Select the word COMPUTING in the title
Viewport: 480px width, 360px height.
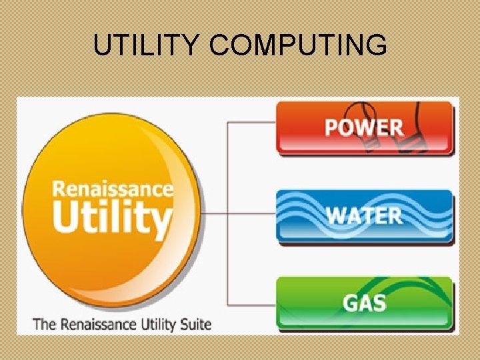297,45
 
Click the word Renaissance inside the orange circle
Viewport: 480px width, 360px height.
113,188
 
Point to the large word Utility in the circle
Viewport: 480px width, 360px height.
112,217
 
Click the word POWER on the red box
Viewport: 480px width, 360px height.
363,127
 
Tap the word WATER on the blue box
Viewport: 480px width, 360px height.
364,215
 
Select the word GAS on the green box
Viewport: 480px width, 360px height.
365,303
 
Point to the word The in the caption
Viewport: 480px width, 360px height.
44,325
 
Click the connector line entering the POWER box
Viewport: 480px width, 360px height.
253,123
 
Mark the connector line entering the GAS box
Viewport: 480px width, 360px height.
253,304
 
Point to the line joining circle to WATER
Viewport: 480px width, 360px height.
240,214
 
